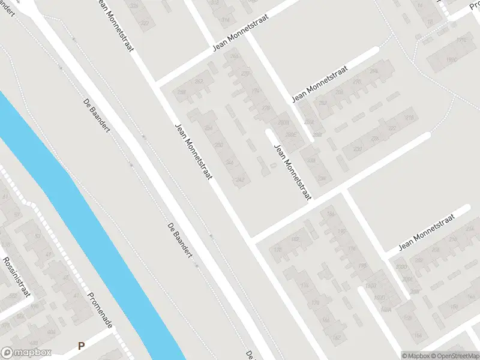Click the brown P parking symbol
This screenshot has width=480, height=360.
(x=81, y=346)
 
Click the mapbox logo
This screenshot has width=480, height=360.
(x=26, y=353)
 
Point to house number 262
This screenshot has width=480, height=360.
(x=199, y=82)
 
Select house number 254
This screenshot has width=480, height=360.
(x=209, y=128)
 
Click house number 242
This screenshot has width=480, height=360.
(x=241, y=179)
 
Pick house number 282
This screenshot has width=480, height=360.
(x=323, y=103)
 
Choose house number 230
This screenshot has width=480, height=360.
(x=358, y=149)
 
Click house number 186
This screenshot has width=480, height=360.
(x=329, y=214)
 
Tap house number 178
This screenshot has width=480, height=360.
(x=277, y=250)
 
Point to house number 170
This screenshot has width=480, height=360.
(x=315, y=302)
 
